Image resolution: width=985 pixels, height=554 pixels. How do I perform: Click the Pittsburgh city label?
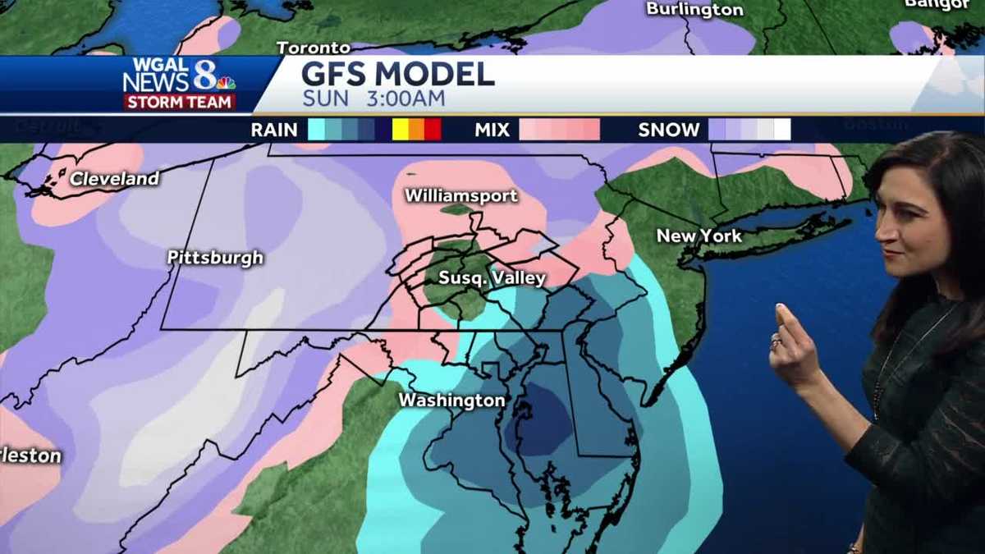215,258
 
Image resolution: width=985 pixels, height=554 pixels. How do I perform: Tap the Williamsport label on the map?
461,196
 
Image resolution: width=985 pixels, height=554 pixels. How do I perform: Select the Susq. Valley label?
492,278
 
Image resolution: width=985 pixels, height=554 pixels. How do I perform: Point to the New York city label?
699,236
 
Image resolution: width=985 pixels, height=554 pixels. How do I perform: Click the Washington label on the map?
451,401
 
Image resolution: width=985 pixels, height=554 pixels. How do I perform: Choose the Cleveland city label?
114,179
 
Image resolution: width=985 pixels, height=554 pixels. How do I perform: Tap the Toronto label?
314,48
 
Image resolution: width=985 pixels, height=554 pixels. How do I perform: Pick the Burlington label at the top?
694,10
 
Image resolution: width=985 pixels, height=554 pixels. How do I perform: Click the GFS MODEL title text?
398,75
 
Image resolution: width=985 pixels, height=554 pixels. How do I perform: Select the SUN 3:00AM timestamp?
373,99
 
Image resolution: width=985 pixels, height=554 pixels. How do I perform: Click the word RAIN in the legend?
274,130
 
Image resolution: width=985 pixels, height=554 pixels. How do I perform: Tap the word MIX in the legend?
492,130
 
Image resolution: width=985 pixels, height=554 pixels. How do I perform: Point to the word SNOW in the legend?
668,130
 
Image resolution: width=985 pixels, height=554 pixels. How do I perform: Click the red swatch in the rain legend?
433,130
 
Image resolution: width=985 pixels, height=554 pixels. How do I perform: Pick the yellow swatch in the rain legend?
400,130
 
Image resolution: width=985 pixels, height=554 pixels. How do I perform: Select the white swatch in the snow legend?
782,130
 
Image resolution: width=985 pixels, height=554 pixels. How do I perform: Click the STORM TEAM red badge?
180,103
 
